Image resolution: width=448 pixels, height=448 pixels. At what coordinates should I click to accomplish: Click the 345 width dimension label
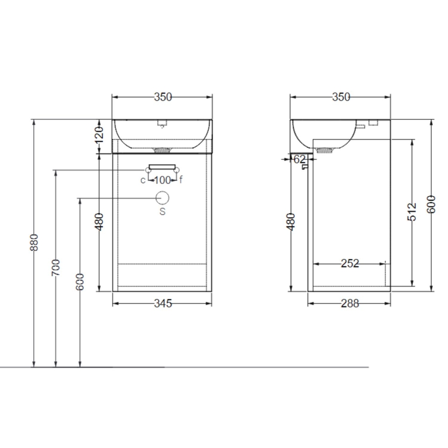163,304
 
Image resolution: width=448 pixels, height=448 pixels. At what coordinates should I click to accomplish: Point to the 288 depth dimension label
349,304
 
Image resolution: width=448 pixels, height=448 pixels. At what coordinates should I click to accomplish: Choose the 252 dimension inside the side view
349,263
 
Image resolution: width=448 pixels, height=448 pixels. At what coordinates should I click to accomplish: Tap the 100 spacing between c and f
162,180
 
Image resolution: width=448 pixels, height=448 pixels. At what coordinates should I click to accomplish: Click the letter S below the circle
162,211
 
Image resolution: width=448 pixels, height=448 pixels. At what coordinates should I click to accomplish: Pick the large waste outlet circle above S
162,198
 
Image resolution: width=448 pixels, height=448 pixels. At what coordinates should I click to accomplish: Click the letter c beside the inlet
143,180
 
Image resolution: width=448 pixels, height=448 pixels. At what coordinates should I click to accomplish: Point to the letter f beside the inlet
181,180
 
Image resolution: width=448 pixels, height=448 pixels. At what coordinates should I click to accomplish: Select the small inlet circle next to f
177,170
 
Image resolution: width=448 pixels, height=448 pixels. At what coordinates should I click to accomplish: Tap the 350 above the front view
163,97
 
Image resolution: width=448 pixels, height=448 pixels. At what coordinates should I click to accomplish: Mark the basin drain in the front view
162,150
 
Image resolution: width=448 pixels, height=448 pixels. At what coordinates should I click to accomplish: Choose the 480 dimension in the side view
291,221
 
